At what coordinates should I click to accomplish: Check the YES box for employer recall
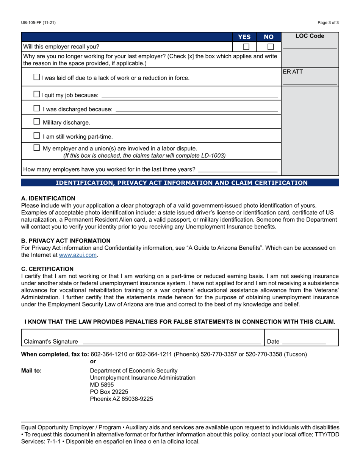[x=246, y=47]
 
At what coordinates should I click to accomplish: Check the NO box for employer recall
[x=270, y=47]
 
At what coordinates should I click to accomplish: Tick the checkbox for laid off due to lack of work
[x=36, y=77]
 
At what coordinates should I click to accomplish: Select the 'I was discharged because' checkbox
[x=36, y=108]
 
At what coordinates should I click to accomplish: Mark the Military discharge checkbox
[x=36, y=122]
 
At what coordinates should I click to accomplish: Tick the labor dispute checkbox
[x=36, y=148]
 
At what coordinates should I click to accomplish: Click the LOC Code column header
[x=310, y=36]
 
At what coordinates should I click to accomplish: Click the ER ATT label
[x=293, y=71]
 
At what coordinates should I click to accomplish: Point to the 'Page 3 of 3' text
[x=328, y=23]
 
